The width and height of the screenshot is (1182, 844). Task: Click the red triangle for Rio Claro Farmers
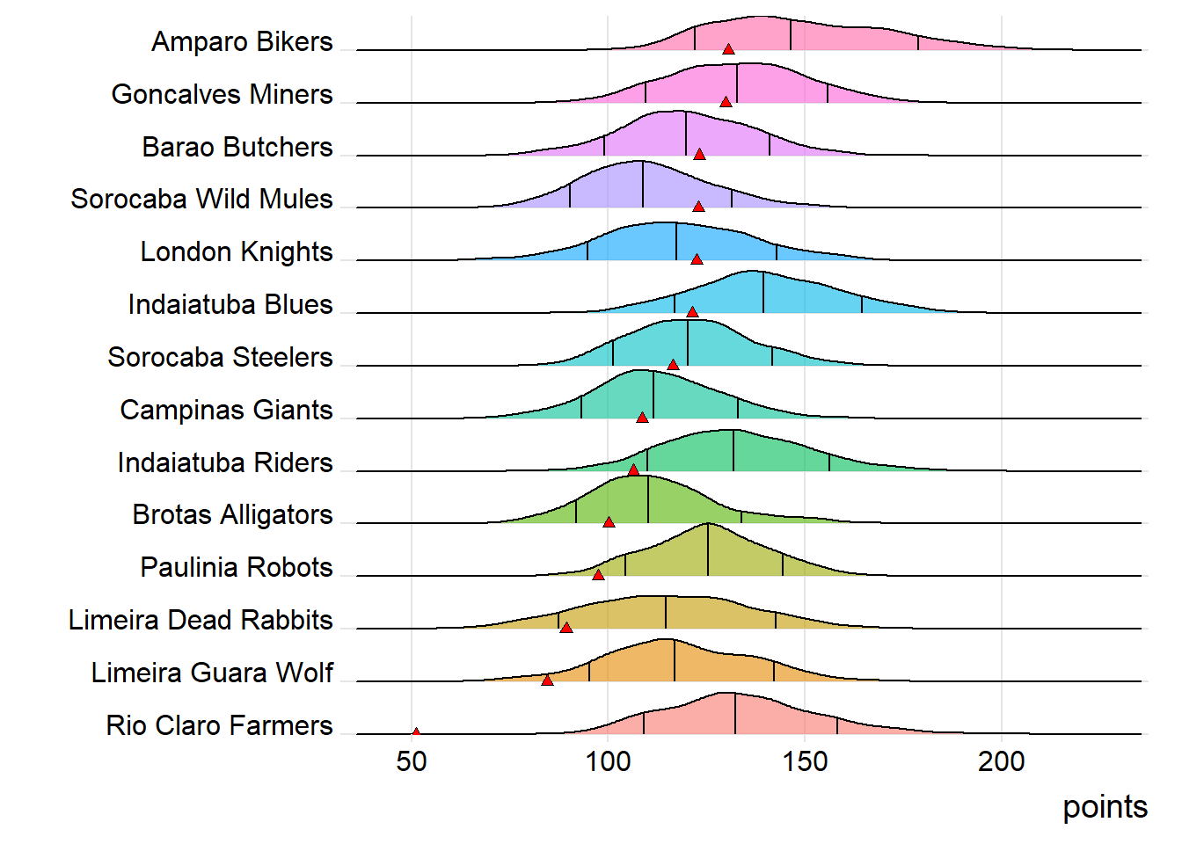(x=415, y=731)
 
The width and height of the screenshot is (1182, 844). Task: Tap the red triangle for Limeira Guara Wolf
(x=547, y=680)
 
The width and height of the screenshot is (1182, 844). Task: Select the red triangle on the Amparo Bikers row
(x=728, y=49)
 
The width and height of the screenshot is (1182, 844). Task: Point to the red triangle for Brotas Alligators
(x=609, y=522)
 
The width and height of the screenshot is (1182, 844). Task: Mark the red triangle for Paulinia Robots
(x=598, y=575)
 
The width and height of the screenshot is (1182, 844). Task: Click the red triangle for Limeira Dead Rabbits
(x=566, y=628)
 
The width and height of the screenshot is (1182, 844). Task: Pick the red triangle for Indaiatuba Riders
(x=633, y=470)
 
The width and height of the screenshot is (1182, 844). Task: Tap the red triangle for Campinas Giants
(x=642, y=418)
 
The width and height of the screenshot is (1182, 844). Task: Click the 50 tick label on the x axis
(x=412, y=761)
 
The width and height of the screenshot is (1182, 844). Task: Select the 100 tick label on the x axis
(x=609, y=761)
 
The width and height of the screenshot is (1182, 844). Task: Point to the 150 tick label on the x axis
(x=805, y=761)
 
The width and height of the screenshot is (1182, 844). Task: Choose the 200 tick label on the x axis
(x=1001, y=761)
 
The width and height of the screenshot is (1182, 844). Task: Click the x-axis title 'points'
(x=1105, y=807)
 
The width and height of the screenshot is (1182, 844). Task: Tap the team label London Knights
(x=237, y=252)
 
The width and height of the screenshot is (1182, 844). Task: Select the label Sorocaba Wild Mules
(x=201, y=200)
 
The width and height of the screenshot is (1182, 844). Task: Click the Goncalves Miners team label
(x=222, y=94)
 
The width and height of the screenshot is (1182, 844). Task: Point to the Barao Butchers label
(x=237, y=147)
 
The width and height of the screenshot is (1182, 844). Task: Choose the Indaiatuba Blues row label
(x=230, y=305)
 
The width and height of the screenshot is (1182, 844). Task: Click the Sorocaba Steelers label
(x=220, y=358)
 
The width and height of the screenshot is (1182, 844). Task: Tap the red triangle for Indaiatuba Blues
(x=692, y=312)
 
